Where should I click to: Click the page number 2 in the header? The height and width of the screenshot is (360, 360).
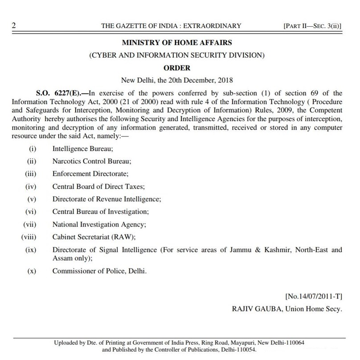click(x=14, y=26)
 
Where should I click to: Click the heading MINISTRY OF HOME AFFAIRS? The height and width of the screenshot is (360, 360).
click(x=177, y=43)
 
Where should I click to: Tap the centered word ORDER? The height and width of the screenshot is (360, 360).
click(x=177, y=68)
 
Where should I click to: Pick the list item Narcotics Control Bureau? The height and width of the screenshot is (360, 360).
click(x=91, y=162)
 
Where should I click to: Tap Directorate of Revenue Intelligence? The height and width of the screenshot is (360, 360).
click(x=106, y=199)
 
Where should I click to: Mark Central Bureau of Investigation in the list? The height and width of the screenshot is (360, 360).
click(x=101, y=212)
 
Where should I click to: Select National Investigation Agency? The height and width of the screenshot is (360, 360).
click(x=99, y=225)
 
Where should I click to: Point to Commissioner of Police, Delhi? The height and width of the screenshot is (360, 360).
click(x=99, y=271)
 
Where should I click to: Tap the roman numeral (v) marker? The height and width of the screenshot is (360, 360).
click(x=31, y=199)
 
